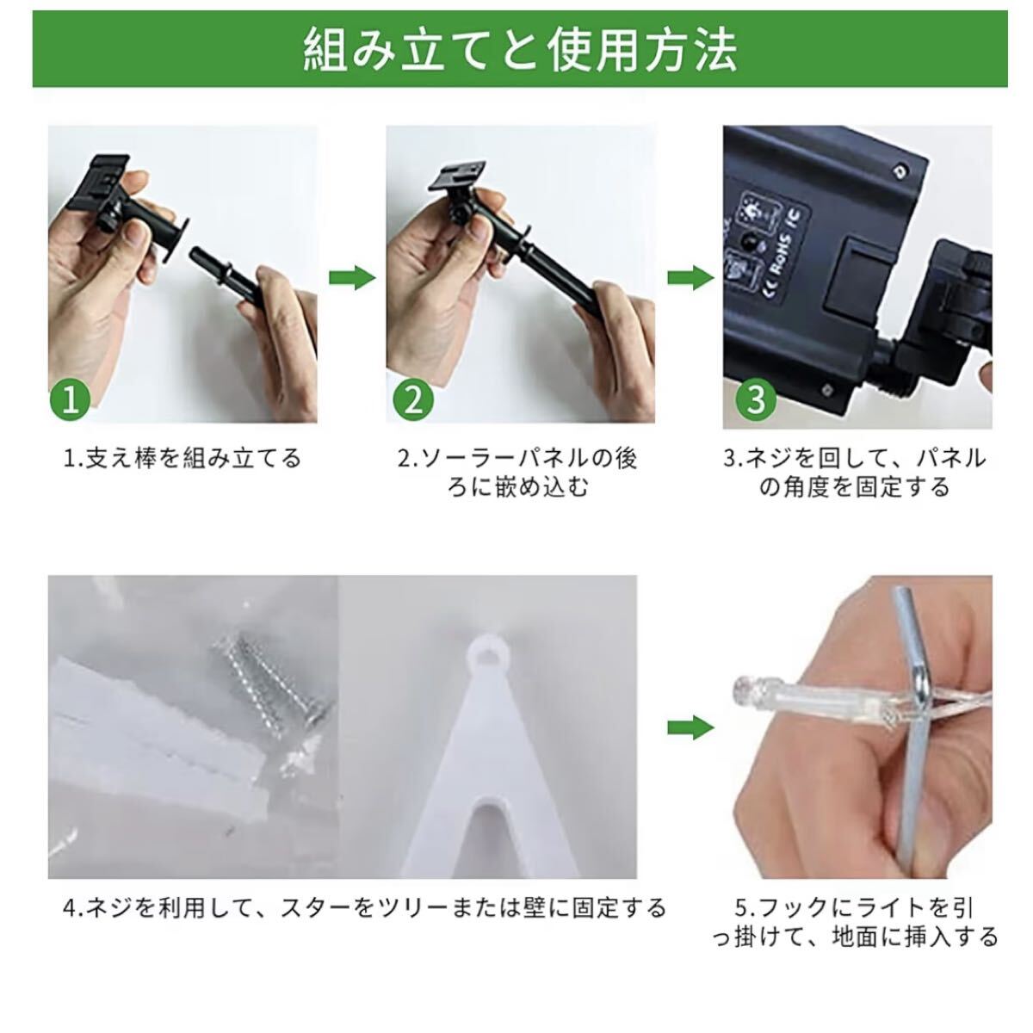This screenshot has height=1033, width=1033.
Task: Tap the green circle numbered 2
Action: coord(413,399)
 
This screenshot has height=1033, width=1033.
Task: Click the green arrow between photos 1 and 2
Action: coord(352,278)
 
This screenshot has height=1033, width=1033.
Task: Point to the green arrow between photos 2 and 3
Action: coord(690,278)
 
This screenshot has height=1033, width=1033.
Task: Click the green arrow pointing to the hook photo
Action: coord(690,727)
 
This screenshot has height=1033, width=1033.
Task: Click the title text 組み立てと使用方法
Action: coord(520,51)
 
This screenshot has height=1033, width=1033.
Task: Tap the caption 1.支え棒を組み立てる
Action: coord(182,458)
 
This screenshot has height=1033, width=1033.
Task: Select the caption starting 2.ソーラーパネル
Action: coord(518,473)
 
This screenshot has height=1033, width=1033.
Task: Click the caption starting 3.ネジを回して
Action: coord(856,473)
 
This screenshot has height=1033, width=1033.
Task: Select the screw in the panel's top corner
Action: coord(901,171)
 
